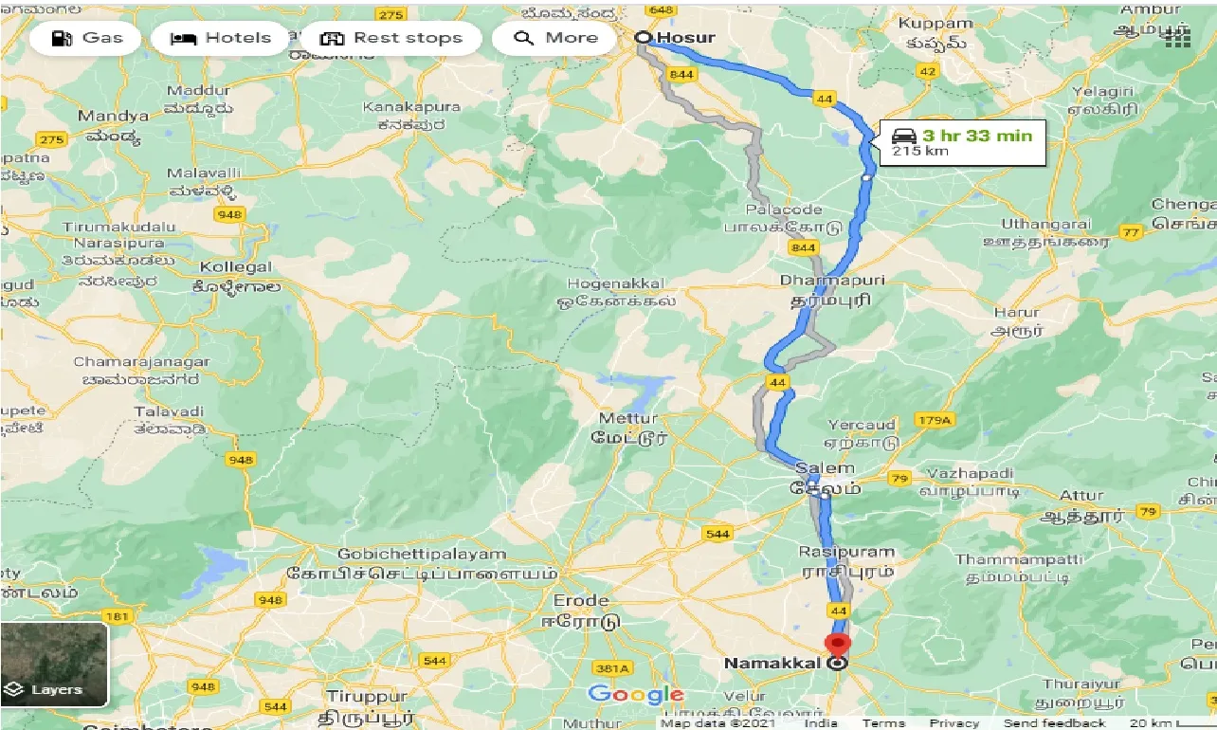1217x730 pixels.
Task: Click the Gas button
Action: pos(85,39)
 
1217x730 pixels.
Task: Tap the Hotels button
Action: pos(220,39)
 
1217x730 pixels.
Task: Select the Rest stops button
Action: pos(391,39)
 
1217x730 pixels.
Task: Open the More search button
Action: pos(557,39)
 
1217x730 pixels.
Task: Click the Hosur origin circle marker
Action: pos(644,38)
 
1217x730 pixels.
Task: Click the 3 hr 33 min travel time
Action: pos(976,136)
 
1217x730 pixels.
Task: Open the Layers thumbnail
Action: pos(55,665)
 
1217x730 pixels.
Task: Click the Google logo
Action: pos(636,695)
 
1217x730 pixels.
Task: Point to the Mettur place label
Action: pos(628,418)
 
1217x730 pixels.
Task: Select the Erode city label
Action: pos(581,602)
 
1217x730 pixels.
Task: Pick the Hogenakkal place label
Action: pos(615,283)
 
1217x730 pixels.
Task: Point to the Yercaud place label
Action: pos(862,425)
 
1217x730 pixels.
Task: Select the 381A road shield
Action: pos(611,669)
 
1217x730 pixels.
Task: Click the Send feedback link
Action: pos(1054,722)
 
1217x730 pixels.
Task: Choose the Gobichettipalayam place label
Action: pos(424,554)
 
